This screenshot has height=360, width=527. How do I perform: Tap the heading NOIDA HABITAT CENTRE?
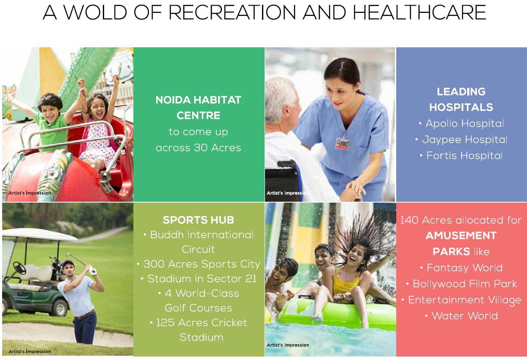click(x=198, y=108)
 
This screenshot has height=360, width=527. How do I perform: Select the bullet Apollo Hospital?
click(x=462, y=123)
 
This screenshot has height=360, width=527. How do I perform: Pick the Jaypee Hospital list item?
click(x=462, y=140)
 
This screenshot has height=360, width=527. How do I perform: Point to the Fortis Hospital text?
click(x=462, y=155)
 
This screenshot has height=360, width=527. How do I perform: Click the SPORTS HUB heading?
click(x=198, y=220)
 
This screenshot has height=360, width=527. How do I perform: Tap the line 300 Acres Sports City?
click(x=199, y=264)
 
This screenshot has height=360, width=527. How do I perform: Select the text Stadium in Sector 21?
click(x=199, y=279)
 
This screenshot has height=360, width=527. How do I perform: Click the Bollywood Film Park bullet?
click(x=462, y=283)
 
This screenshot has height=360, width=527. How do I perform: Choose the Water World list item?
click(x=462, y=316)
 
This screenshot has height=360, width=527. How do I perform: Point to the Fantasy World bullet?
click(x=462, y=268)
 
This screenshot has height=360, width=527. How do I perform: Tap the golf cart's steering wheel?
click(x=19, y=268)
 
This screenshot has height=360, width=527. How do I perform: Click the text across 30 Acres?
click(x=198, y=148)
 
